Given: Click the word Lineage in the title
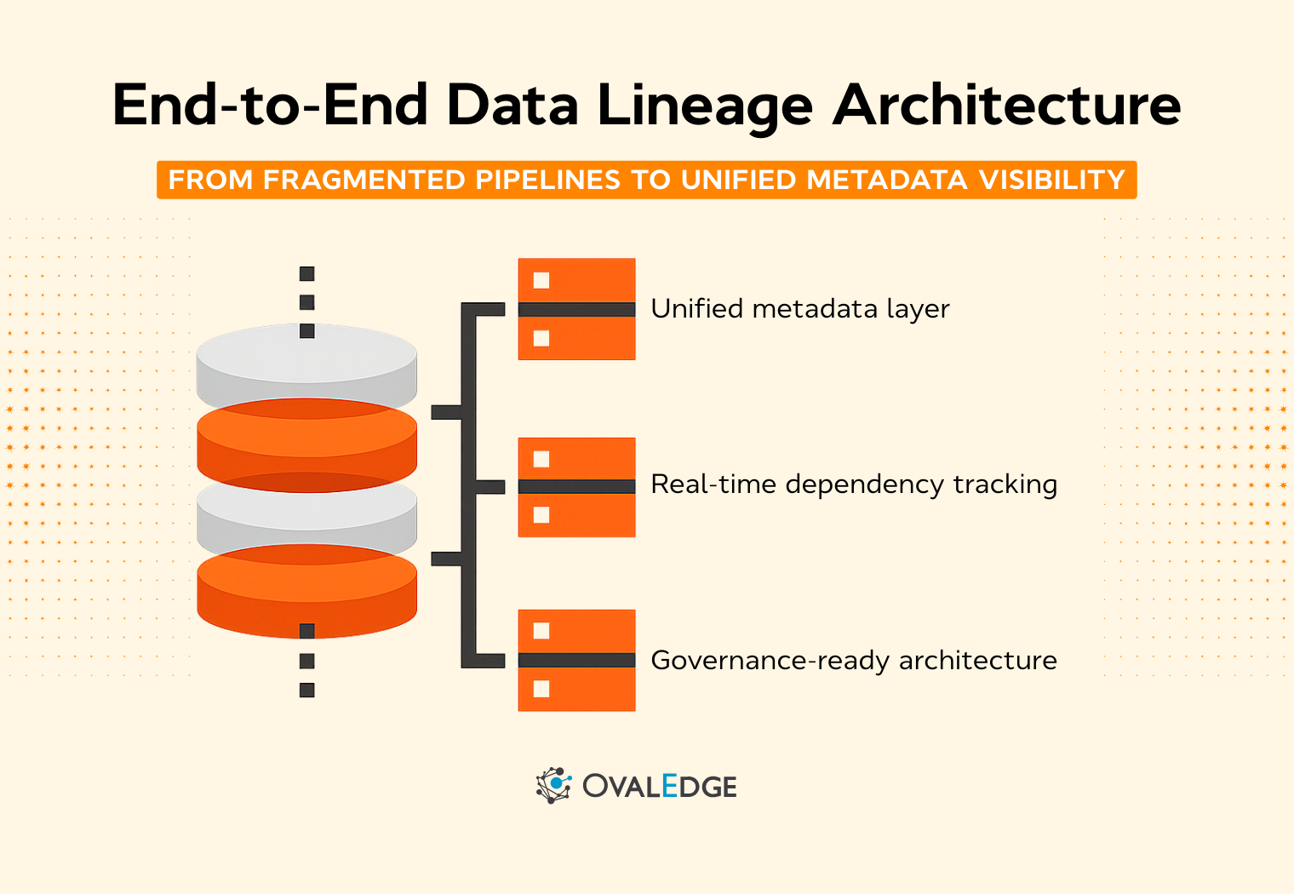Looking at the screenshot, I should [705, 106].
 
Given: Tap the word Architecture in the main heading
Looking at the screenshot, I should [1007, 106].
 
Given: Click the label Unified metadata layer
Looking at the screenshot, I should [799, 309].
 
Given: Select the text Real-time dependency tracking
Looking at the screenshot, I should [853, 484].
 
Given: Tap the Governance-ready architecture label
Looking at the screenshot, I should [853, 661].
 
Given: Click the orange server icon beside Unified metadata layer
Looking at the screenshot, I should [576, 309].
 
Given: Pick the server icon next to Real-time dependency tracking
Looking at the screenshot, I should [576, 487].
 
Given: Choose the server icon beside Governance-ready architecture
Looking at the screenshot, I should [576, 660].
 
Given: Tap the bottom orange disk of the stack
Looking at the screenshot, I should [306, 596].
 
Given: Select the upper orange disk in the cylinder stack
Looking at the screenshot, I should [306, 438].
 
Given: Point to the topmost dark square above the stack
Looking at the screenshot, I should [307, 274].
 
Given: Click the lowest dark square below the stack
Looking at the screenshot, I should [307, 690].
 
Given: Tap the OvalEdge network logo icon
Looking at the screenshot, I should [553, 785].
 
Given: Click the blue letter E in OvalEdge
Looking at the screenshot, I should [669, 786].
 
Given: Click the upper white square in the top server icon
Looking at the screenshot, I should [541, 280].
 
